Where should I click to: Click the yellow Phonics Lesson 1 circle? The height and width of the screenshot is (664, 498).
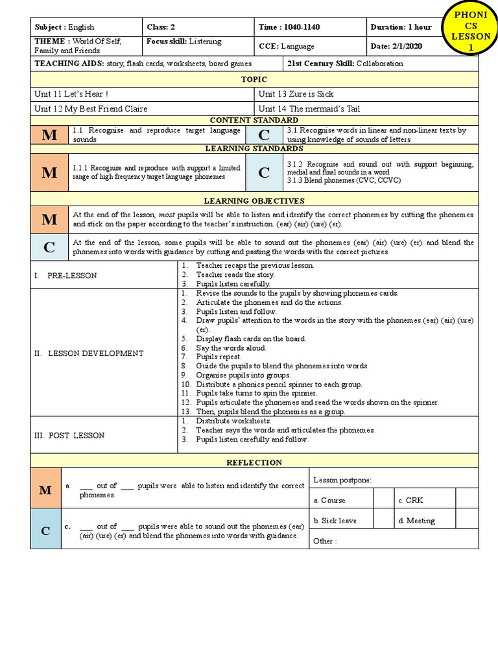[x=466, y=32]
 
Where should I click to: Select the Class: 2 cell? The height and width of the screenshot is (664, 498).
[x=198, y=27]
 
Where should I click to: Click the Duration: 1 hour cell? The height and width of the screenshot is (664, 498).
[x=401, y=27]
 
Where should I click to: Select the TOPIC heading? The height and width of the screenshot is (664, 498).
[x=254, y=79]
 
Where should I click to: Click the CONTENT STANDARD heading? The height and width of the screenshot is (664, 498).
[x=254, y=120]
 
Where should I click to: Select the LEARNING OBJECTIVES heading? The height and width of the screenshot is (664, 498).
[x=254, y=201]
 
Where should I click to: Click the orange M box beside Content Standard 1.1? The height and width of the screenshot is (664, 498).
[x=49, y=135]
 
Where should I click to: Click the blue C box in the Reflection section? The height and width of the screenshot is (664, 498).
[x=45, y=531]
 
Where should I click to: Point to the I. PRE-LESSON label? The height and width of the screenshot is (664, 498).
[x=65, y=276]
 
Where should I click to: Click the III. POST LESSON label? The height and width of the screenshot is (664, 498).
[x=69, y=435]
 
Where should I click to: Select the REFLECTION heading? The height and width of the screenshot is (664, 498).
[x=254, y=462]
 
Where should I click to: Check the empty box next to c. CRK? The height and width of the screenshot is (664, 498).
[x=467, y=500]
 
